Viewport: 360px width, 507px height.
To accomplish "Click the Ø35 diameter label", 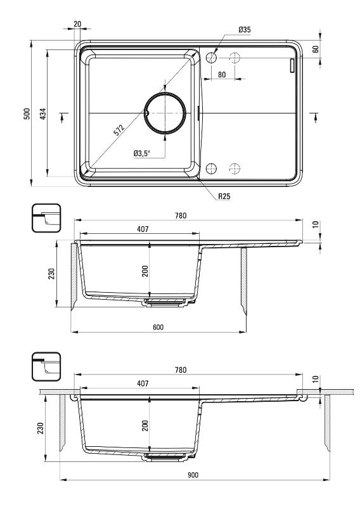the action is pyautogui.click(x=245, y=30).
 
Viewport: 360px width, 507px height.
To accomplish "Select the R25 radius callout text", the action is pyautogui.click(x=224, y=196).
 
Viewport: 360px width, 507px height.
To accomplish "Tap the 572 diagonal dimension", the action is pyautogui.click(x=119, y=129).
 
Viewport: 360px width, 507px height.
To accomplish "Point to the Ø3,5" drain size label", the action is pyautogui.click(x=143, y=153).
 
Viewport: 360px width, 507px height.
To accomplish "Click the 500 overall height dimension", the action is pyautogui.click(x=27, y=113).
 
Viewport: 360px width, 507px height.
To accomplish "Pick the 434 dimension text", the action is pyautogui.click(x=43, y=113).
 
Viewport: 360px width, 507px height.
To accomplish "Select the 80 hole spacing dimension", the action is pyautogui.click(x=222, y=75).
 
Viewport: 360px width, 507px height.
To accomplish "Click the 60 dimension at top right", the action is pyautogui.click(x=316, y=49).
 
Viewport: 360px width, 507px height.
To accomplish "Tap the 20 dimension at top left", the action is pyautogui.click(x=77, y=24).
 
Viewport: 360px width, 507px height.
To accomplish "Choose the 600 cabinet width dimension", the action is pyautogui.click(x=158, y=327).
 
